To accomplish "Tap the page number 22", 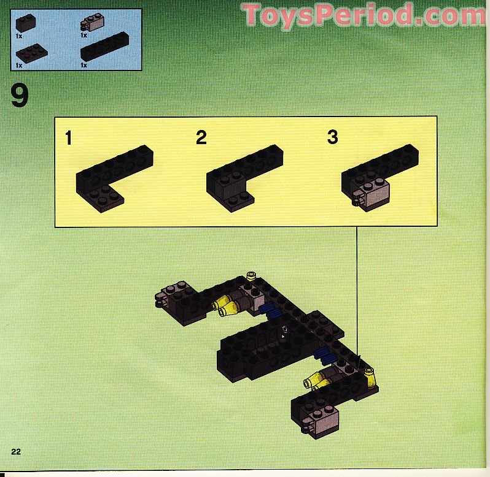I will [17, 452].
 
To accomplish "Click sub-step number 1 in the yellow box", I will [69, 138].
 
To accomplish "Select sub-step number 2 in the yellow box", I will [201, 138].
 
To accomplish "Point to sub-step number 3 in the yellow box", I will [332, 137].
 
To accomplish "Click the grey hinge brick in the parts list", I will [93, 24].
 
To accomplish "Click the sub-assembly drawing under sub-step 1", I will [113, 178].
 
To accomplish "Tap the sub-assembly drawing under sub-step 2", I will [244, 177].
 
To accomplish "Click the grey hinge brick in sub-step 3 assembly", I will [370, 195].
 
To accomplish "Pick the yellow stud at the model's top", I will [251, 276].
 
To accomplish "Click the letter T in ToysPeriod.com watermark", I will [254, 15].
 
